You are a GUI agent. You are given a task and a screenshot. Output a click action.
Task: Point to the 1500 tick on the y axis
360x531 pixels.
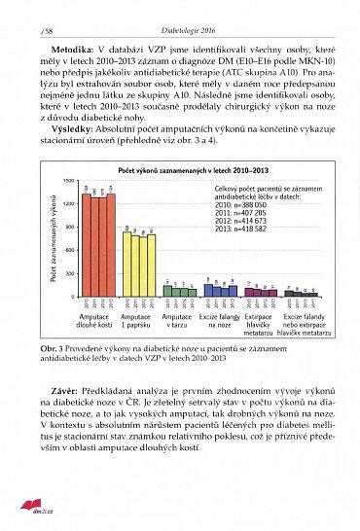pyautogui.click(x=68, y=182)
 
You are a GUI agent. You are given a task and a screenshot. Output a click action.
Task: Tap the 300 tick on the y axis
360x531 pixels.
pyautogui.click(x=69, y=273)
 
